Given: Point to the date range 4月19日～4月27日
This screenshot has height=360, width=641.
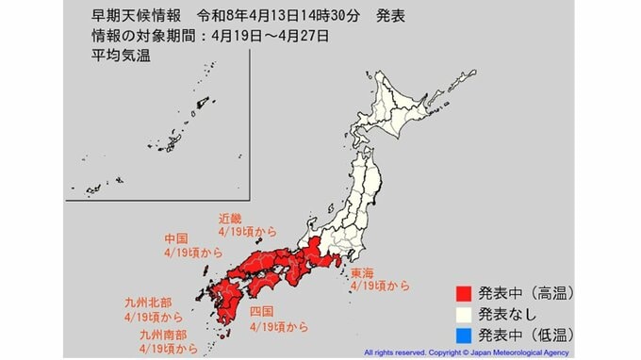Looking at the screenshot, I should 277,37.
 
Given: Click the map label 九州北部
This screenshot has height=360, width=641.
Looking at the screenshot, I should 147,303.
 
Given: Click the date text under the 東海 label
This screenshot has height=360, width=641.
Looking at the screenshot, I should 379,284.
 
